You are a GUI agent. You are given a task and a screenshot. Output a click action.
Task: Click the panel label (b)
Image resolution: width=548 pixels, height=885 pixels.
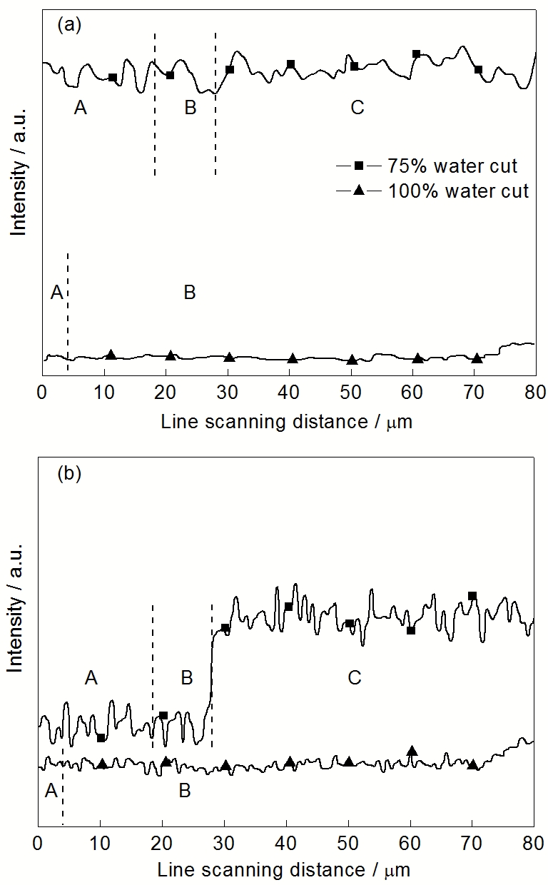pos(68,473)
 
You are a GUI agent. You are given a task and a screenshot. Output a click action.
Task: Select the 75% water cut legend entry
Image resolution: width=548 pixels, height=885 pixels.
pos(452,166)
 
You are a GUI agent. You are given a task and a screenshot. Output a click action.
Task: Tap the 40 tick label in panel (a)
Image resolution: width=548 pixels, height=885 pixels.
pos(289,391)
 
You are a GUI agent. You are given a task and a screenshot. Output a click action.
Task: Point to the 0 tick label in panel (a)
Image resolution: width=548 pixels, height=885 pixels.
pos(42,391)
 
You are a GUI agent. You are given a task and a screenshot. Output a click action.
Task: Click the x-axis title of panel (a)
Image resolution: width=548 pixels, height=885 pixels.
pos(287,421)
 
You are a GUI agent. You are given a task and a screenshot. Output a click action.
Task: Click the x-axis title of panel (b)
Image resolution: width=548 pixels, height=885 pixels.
pos(285,870)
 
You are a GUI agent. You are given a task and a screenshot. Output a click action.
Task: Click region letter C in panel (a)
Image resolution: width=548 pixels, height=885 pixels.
pos(357,108)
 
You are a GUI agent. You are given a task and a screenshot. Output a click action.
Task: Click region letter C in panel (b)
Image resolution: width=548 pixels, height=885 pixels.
pos(355,677)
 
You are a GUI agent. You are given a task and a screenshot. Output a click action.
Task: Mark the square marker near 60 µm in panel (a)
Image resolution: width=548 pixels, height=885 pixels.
pos(417,54)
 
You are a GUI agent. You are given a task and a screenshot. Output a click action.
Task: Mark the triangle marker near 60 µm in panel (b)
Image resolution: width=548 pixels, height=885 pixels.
pos(412,751)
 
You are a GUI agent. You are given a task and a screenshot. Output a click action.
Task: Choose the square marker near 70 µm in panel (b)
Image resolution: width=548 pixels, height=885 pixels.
pos(472,596)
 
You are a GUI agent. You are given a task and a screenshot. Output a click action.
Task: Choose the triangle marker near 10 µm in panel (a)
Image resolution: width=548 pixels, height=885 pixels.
pos(111,355)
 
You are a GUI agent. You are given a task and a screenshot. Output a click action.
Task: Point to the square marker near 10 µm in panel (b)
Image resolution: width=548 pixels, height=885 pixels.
pos(101,737)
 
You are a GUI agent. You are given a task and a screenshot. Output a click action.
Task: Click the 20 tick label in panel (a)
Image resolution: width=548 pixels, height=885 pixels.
pos(166,391)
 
